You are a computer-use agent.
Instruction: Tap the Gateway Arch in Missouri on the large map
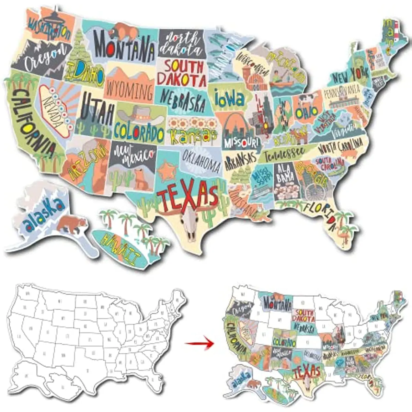236,127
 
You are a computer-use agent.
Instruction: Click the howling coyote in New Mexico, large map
141,179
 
